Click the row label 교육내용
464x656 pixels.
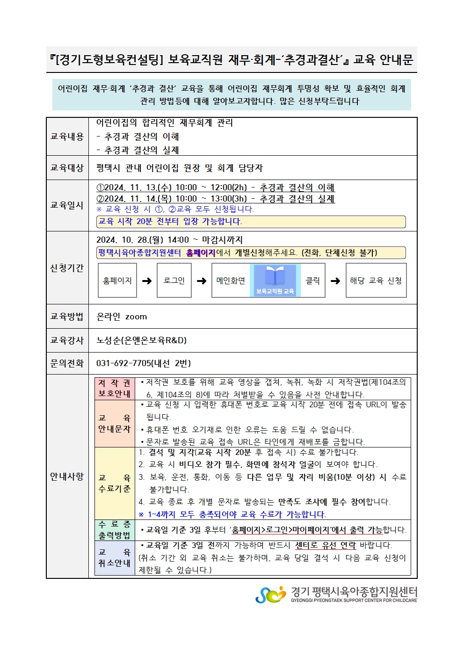67,137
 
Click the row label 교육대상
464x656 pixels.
67,167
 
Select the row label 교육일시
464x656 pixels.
67,205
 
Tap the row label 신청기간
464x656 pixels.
67,268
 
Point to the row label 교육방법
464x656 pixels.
67,317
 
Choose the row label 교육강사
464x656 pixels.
67,340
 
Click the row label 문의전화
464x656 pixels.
67,363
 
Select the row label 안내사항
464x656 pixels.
67,476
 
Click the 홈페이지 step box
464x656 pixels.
117,281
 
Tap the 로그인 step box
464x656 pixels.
174,281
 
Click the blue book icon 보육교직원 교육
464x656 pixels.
275,280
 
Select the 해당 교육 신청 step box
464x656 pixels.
376,281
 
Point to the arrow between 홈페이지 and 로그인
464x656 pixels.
147,281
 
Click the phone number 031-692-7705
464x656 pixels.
123,363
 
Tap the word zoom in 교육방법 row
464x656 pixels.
136,317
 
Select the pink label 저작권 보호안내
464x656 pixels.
114,389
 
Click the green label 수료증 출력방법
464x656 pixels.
114,530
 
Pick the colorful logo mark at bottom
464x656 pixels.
270,594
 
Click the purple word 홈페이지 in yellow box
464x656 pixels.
200,253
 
